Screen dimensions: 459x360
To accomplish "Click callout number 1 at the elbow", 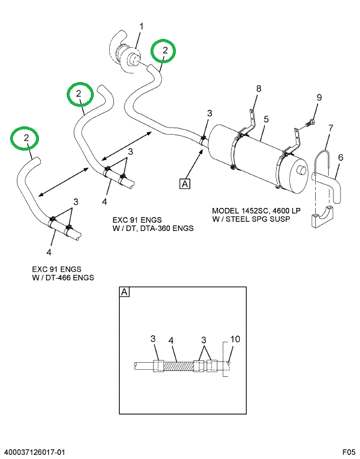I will coord(141,26).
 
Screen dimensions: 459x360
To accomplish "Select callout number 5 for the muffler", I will coord(266,119).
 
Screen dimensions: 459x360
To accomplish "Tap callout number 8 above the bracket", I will coord(258,89).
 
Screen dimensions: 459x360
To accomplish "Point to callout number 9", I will coord(319,97).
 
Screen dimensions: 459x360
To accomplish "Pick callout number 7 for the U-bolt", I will coord(330,128).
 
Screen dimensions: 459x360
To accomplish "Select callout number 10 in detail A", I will coord(235,339).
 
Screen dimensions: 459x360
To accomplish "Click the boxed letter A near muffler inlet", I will coord(185,184).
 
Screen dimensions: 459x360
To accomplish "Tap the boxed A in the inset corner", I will coord(125,292).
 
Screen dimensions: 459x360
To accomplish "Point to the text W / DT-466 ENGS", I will coord(63,278).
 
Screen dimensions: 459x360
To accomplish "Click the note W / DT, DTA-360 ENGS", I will coord(153,228).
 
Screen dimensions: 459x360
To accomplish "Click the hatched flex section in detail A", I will coord(178,366).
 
